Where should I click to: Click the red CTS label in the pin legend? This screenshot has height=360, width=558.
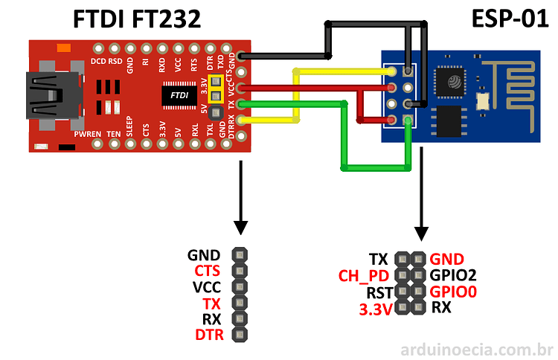click(x=208, y=271)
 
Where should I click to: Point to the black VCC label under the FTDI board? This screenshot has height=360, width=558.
click(x=208, y=287)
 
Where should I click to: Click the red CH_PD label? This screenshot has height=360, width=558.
click(x=365, y=276)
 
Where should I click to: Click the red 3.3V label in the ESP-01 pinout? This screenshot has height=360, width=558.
click(x=375, y=309)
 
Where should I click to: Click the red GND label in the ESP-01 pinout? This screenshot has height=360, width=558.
click(x=446, y=259)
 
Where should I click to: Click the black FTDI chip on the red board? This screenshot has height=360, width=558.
click(x=179, y=95)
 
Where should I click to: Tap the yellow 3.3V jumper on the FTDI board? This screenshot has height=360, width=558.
click(x=216, y=91)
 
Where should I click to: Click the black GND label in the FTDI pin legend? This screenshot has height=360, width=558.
click(x=204, y=254)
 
